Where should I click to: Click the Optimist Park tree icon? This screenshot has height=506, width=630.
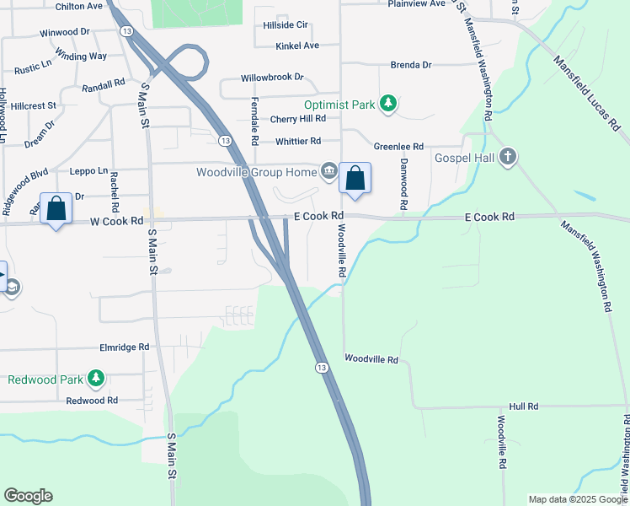[387, 104]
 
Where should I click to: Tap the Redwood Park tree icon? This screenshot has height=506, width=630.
[97, 379]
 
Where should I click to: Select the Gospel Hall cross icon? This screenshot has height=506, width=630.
[506, 157]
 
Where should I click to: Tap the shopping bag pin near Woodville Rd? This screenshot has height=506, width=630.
[355, 179]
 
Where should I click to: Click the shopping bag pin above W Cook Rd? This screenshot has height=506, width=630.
[56, 209]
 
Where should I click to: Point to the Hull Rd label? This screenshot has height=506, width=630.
[522, 406]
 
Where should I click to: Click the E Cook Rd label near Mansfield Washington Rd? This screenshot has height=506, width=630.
[489, 217]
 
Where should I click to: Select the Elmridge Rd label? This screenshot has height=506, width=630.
[124, 347]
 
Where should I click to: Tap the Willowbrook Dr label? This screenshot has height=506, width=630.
[272, 77]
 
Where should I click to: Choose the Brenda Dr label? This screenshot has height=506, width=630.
[410, 64]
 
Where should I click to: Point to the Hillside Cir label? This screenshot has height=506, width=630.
[286, 25]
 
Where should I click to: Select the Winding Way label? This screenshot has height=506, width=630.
[87, 57]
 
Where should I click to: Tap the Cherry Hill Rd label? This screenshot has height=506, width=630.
[297, 119]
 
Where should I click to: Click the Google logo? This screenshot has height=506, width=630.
[28, 496]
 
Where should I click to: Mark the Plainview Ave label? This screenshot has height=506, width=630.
[416, 4]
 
